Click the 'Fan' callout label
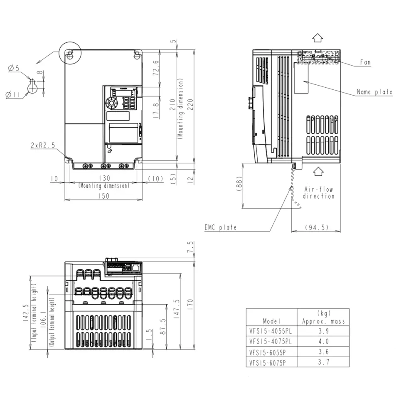pyautogui.click(x=365, y=62)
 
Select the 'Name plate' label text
pyautogui.click(x=374, y=92)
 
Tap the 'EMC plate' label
pyautogui.click(x=220, y=227)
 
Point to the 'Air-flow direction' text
pyautogui.click(x=318, y=192)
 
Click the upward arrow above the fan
pyautogui.click(x=318, y=38)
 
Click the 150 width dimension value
pyautogui.click(x=103, y=196)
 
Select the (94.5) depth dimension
pyautogui.click(x=316, y=227)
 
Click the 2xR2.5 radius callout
pyautogui.click(x=42, y=145)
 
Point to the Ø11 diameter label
pyautogui.click(x=13, y=95)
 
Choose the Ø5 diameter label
pyautogui.click(x=14, y=68)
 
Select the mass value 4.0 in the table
pyautogui.click(x=323, y=341)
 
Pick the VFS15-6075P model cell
pyautogui.click(x=268, y=362)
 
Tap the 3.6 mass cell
pyautogui.click(x=323, y=352)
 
